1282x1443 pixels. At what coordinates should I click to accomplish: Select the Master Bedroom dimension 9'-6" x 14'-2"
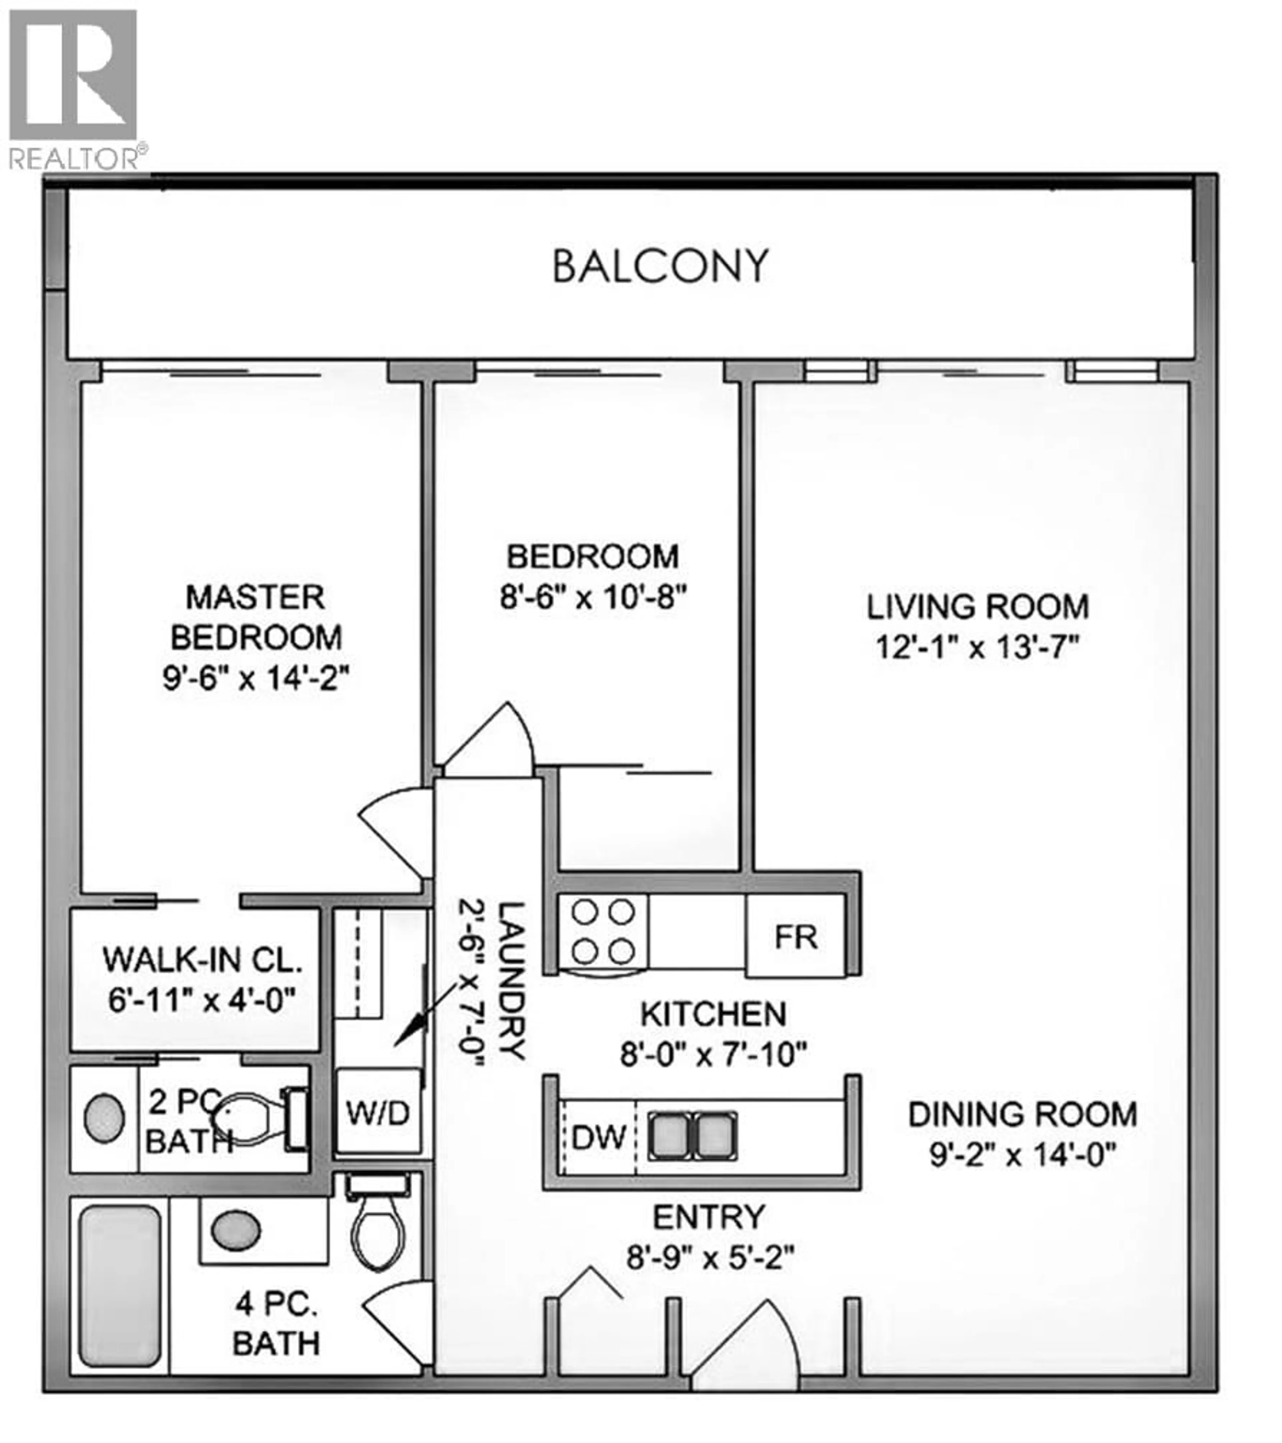point(255,679)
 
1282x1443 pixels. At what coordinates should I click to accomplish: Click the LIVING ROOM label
point(978,607)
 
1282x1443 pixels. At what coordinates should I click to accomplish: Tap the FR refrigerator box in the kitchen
point(796,937)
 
